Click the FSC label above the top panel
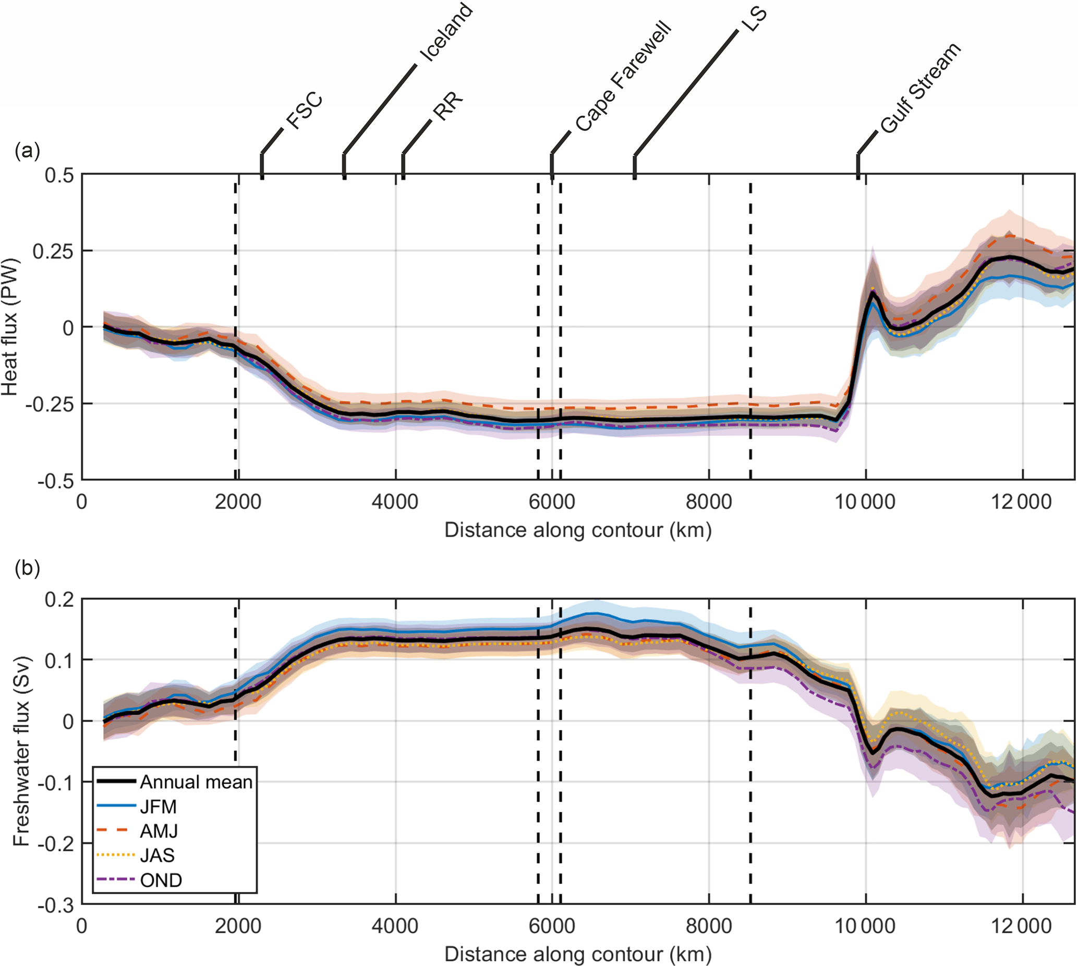click(304, 111)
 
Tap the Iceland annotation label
click(445, 33)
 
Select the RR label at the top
click(448, 106)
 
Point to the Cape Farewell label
click(623, 77)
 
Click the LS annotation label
click(754, 19)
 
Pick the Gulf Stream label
click(920, 88)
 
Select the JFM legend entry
click(158, 807)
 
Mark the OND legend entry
click(161, 881)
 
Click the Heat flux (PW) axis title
click(9, 327)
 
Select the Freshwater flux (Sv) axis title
click(21, 752)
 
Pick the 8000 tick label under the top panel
click(709, 502)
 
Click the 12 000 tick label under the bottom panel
click(1021, 926)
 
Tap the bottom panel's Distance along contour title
click(578, 954)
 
